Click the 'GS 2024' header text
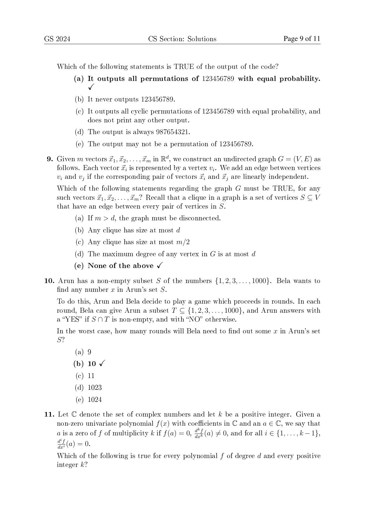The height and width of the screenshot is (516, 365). click(57, 39)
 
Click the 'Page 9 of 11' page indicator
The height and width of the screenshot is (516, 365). click(302, 39)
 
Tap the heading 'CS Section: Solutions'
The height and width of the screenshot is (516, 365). click(182, 39)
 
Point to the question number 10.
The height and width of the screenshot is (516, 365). click(49, 281)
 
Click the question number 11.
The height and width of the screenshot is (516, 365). click(49, 415)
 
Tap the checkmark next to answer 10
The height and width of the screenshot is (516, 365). click(102, 364)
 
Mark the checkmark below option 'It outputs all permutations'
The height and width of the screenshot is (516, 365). click(91, 87)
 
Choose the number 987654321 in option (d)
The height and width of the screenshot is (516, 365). click(172, 132)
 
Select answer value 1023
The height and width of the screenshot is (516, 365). click(95, 388)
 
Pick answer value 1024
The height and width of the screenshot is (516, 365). click(95, 400)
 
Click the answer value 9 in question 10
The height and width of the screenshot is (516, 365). click(89, 352)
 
